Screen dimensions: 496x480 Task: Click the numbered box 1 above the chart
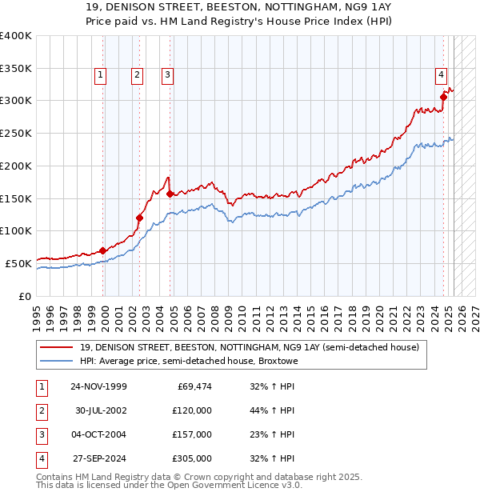click(101, 75)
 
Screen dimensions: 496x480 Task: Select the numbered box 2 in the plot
click(137, 75)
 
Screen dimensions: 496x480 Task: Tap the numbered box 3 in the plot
click(167, 75)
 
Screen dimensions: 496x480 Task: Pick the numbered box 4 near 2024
click(441, 75)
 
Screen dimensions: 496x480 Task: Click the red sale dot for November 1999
click(102, 250)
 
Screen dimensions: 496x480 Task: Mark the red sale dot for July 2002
click(139, 218)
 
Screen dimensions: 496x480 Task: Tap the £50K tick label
click(19, 262)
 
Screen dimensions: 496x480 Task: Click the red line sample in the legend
click(57, 348)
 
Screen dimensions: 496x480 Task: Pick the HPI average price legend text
click(189, 362)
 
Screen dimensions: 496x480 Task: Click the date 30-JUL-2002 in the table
click(98, 410)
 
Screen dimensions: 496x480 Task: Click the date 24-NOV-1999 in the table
click(98, 386)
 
